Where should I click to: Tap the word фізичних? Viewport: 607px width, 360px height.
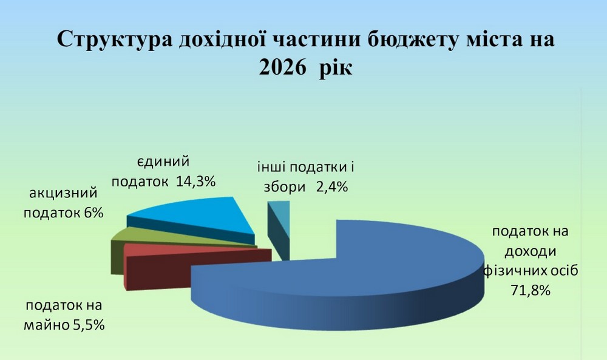(513, 270)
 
